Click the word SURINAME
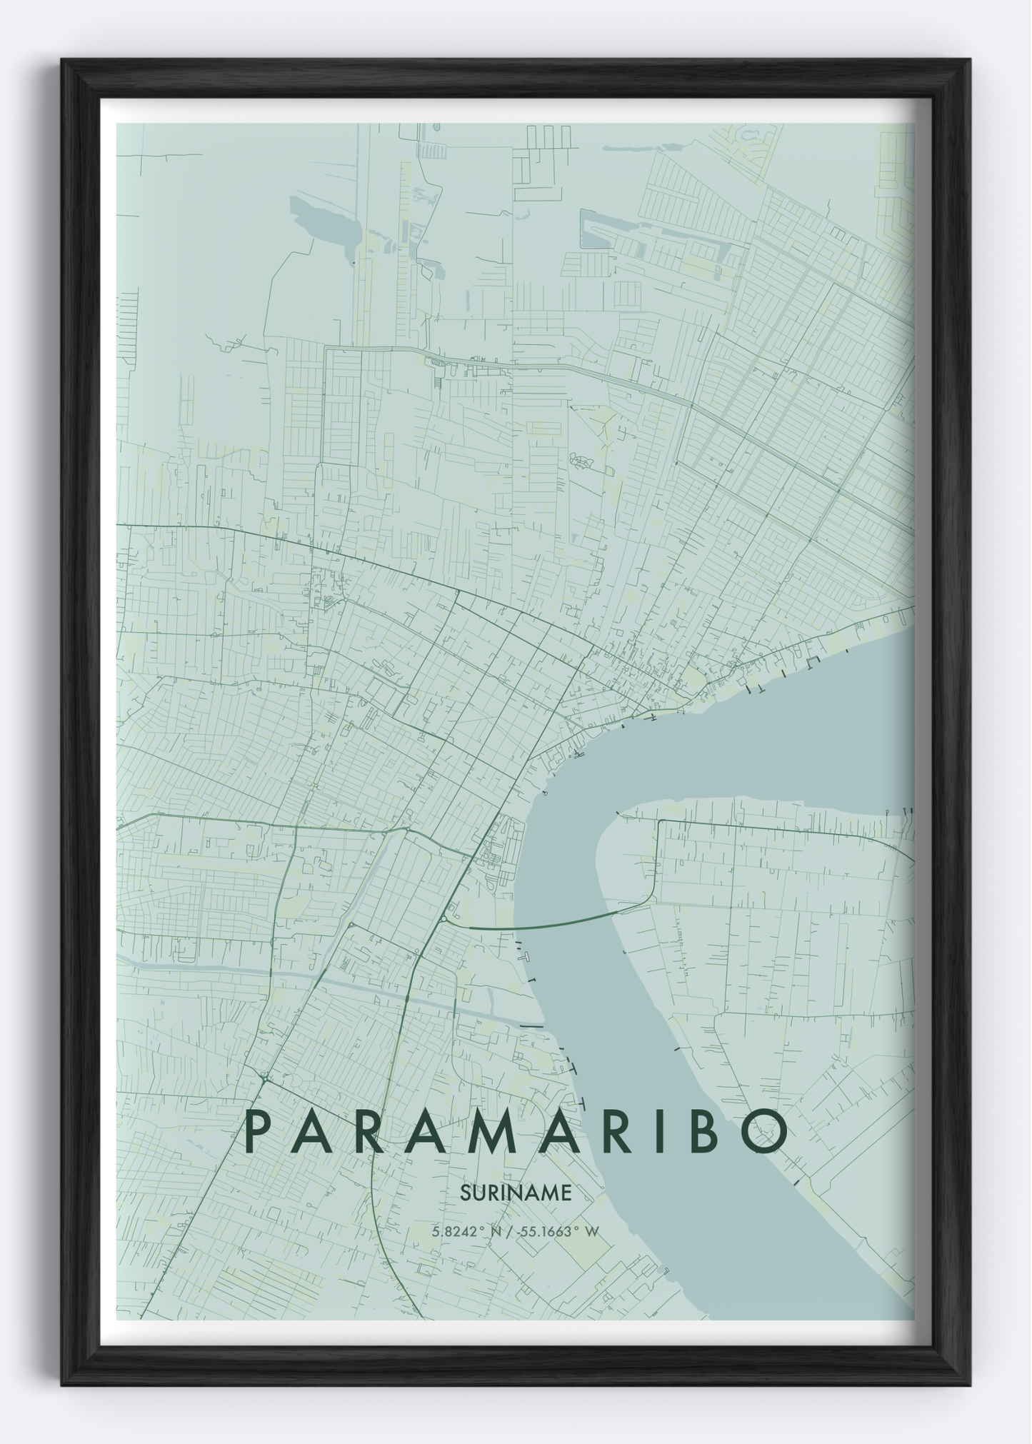click(516, 1193)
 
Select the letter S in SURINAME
click(465, 1193)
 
